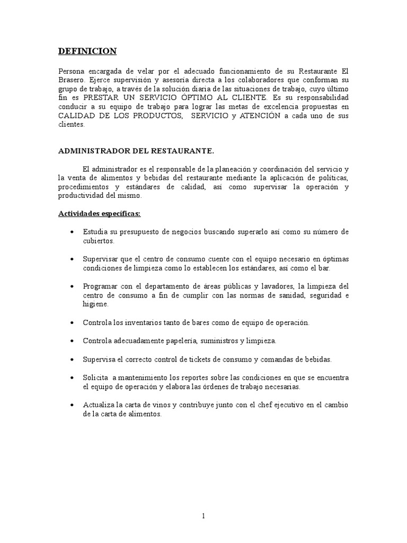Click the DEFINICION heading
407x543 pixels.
coord(87,51)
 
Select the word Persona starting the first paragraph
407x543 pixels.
coord(70,71)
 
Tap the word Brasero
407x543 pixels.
coord(72,80)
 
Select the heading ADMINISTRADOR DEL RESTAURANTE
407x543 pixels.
coord(136,151)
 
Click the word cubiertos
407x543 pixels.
coord(98,241)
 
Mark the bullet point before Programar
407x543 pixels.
coord(72,286)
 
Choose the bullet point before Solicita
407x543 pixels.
coord(72,378)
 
